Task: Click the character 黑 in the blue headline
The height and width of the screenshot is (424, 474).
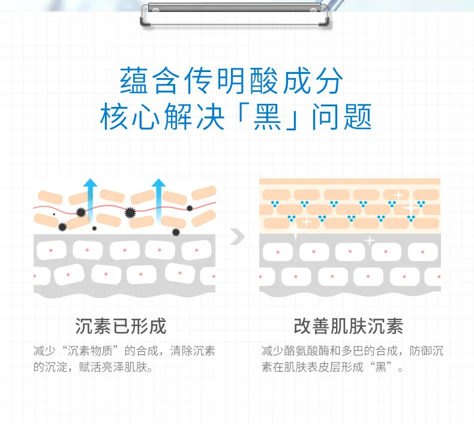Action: (x=267, y=117)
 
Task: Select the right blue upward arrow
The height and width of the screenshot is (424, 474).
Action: (x=158, y=200)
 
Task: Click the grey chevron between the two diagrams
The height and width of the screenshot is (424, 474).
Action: (x=238, y=237)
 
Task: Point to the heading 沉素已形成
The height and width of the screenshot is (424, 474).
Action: (x=121, y=326)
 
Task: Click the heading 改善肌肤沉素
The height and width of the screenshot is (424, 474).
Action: (x=349, y=326)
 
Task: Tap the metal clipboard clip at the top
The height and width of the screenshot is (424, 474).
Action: (x=234, y=14)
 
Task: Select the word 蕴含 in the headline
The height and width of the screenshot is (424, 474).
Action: (x=148, y=81)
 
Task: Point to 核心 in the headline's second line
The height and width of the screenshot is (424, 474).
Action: (x=130, y=117)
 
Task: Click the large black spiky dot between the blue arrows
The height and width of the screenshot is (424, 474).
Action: (x=130, y=213)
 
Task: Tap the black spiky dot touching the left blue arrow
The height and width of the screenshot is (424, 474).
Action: (x=81, y=213)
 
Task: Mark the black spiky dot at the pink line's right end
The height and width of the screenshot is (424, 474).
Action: (x=190, y=208)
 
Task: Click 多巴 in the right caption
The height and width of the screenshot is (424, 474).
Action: (x=352, y=351)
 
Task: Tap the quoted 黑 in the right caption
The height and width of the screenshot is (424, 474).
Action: (x=380, y=367)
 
